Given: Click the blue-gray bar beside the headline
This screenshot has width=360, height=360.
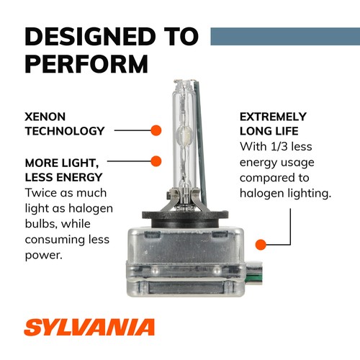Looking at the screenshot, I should (x=284, y=35).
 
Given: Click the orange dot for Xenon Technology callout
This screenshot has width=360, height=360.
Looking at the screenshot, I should (x=155, y=130).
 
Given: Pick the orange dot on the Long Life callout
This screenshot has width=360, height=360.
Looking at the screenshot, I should (x=261, y=244).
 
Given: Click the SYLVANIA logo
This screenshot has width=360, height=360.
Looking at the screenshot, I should (x=90, y=328).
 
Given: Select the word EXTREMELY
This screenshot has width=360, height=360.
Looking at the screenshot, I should (x=273, y=116).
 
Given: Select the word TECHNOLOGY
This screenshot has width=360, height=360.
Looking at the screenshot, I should (x=65, y=131).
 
